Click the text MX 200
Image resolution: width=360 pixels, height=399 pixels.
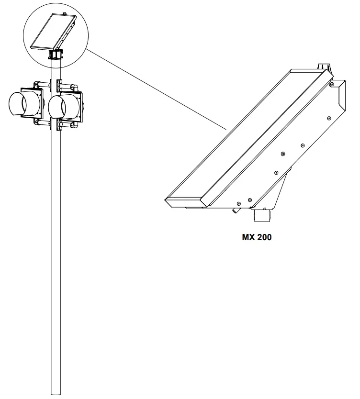point(257,237)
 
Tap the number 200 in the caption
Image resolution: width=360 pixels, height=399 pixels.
point(263,237)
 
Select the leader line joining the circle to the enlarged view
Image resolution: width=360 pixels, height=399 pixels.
point(158,91)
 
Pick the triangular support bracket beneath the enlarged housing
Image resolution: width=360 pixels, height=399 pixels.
point(282,191)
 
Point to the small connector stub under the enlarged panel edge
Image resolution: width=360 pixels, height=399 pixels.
point(236,210)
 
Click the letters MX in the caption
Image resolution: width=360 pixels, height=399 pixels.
point(247,237)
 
